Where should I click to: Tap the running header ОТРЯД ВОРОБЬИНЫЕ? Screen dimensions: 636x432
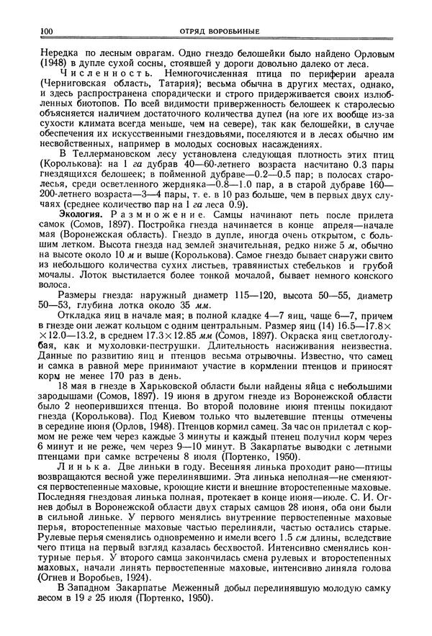(215, 31)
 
